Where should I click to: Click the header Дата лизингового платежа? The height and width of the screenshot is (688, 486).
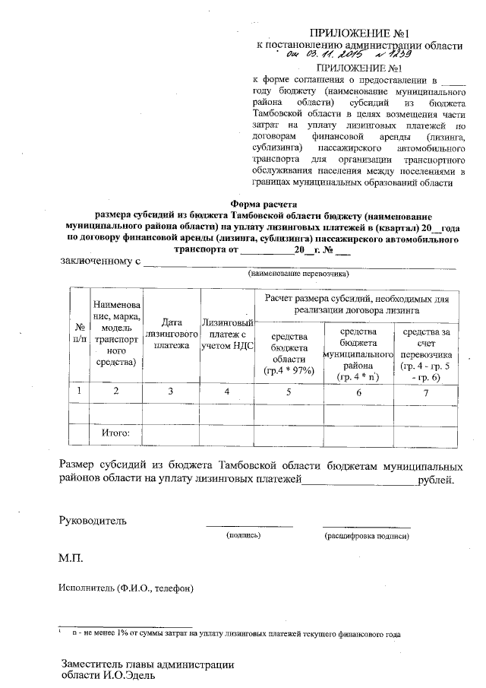[171, 333]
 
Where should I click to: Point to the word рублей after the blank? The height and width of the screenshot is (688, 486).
[436, 480]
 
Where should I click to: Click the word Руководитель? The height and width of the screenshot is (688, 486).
[93, 521]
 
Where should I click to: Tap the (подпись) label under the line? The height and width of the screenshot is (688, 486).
[244, 536]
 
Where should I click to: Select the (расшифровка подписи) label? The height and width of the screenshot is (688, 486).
[367, 536]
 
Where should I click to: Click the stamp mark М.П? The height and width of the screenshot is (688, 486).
[71, 559]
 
